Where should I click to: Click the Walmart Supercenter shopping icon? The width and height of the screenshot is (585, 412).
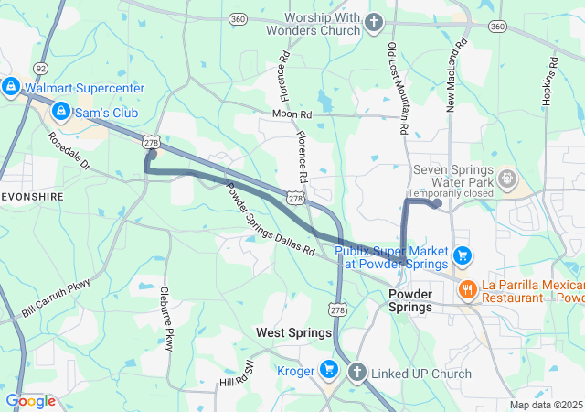[x=10, y=88]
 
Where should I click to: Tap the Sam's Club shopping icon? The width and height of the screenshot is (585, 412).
[x=60, y=112]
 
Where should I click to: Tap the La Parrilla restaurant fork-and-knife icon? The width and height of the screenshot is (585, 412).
[x=467, y=289]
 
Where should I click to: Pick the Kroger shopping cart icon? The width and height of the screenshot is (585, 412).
[x=329, y=371]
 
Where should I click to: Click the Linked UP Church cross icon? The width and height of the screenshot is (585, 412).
[x=356, y=373]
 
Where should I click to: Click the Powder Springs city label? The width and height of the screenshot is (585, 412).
[x=410, y=300]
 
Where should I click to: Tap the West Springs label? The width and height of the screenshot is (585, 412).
[x=293, y=332]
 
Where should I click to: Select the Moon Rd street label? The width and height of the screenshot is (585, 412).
[x=292, y=114]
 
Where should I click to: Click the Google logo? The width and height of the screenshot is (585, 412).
[x=30, y=401]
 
